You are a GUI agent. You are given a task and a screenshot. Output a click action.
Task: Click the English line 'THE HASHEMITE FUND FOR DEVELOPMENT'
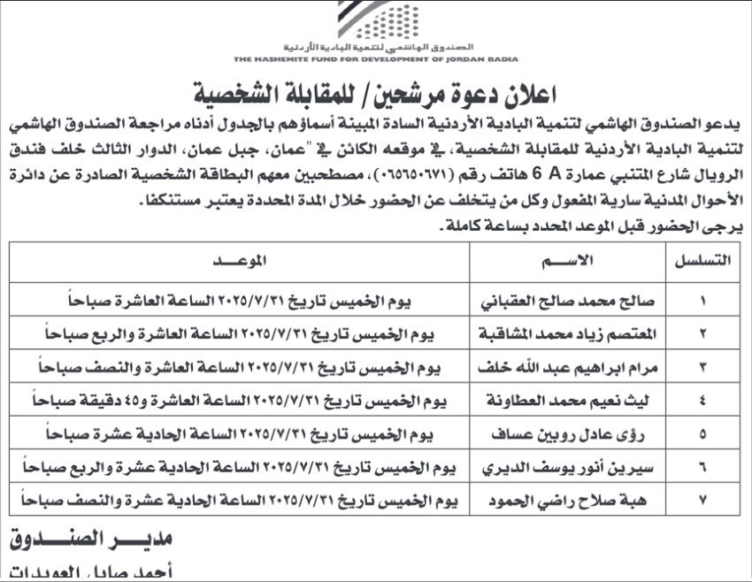click(x=377, y=60)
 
